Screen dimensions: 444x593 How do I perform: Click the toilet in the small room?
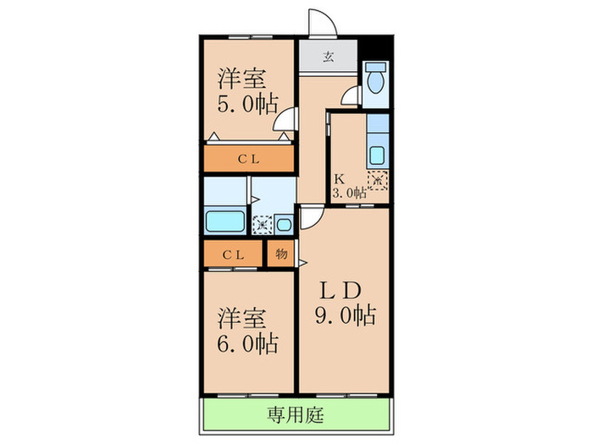375,79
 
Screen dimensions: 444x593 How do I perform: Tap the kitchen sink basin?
377,156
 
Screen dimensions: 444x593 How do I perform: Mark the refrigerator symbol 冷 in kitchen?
377,179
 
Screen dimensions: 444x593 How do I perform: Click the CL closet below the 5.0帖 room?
248,158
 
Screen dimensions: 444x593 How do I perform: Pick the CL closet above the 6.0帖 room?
234,254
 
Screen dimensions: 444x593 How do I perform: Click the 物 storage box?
280,254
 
